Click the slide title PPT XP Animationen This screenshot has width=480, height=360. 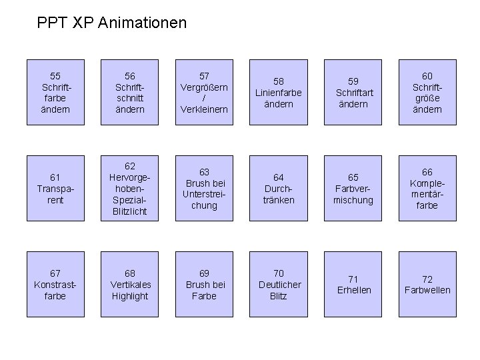[x=112, y=23]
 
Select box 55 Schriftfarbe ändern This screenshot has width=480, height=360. [x=55, y=92]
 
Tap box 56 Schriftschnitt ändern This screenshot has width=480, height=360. [x=130, y=92]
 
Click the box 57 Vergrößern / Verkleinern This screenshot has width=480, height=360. [x=204, y=92]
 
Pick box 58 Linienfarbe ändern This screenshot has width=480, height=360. [x=279, y=92]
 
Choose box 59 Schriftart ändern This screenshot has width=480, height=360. [x=353, y=92]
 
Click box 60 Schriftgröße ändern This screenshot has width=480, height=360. [x=427, y=92]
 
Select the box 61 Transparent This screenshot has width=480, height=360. [x=55, y=189]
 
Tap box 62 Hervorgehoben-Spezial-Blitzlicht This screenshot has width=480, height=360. [x=130, y=189]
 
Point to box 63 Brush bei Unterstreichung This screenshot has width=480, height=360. [x=204, y=189]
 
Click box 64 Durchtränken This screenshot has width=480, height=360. [x=279, y=189]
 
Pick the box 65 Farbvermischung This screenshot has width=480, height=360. [x=353, y=189]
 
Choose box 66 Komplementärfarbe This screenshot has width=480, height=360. [x=427, y=189]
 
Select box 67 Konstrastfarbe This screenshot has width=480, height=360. [x=55, y=285]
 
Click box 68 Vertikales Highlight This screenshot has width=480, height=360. [x=130, y=285]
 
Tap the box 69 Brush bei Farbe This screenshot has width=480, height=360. [x=204, y=285]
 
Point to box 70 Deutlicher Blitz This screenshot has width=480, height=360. [x=279, y=285]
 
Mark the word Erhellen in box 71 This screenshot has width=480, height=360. [x=353, y=290]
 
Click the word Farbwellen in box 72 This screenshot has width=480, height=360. [x=427, y=290]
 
